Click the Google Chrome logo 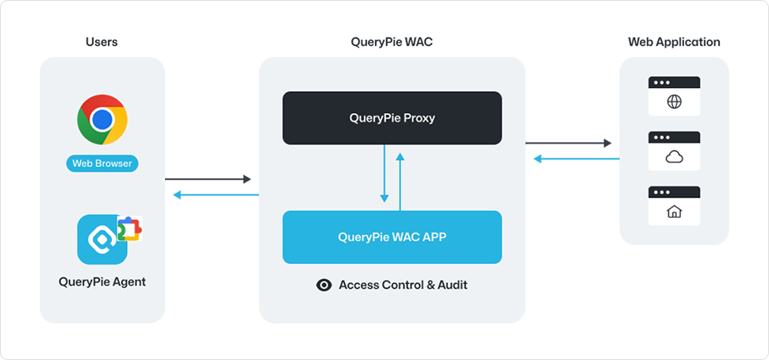point(102,120)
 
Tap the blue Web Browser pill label point(102,164)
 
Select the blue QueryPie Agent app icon point(103,239)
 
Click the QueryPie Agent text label point(102,281)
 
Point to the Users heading point(101,42)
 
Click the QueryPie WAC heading point(392,42)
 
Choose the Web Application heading point(674,42)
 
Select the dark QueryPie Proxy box point(392,118)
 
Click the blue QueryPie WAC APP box point(392,236)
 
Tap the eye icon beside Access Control point(324,285)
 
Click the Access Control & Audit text point(403,285)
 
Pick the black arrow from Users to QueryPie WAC point(208,179)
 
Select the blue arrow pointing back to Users point(216,195)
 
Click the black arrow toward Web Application point(568,143)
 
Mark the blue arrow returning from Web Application point(576,159)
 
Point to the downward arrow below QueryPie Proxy point(384,174)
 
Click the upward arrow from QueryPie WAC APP point(400,181)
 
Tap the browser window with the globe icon point(674,96)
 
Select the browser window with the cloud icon point(674,151)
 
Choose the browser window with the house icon point(674,205)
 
